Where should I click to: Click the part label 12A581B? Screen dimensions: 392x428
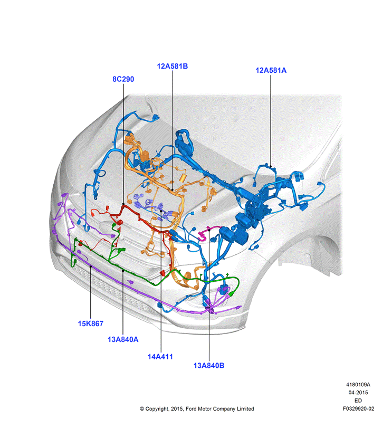[172, 66]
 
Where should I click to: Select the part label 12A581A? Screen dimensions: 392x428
[271, 70]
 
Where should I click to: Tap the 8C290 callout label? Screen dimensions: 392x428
[123, 79]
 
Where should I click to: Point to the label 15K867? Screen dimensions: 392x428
[91, 324]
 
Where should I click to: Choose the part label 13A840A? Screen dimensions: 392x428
[123, 339]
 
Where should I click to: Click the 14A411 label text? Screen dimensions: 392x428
[160, 356]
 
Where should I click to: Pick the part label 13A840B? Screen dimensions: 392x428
[209, 366]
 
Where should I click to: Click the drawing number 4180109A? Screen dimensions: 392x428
[358, 385]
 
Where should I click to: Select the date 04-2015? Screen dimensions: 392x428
[358, 393]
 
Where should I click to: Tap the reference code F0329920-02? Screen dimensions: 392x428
[358, 408]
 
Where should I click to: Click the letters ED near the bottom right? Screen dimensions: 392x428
[358, 401]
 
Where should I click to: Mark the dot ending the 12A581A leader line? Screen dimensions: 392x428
[271, 166]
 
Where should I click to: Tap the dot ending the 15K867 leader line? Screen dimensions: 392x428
[91, 266]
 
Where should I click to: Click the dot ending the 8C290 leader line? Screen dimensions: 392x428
[123, 204]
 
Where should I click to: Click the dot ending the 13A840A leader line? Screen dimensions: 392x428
[123, 271]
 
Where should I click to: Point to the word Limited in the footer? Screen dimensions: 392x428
[245, 408]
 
